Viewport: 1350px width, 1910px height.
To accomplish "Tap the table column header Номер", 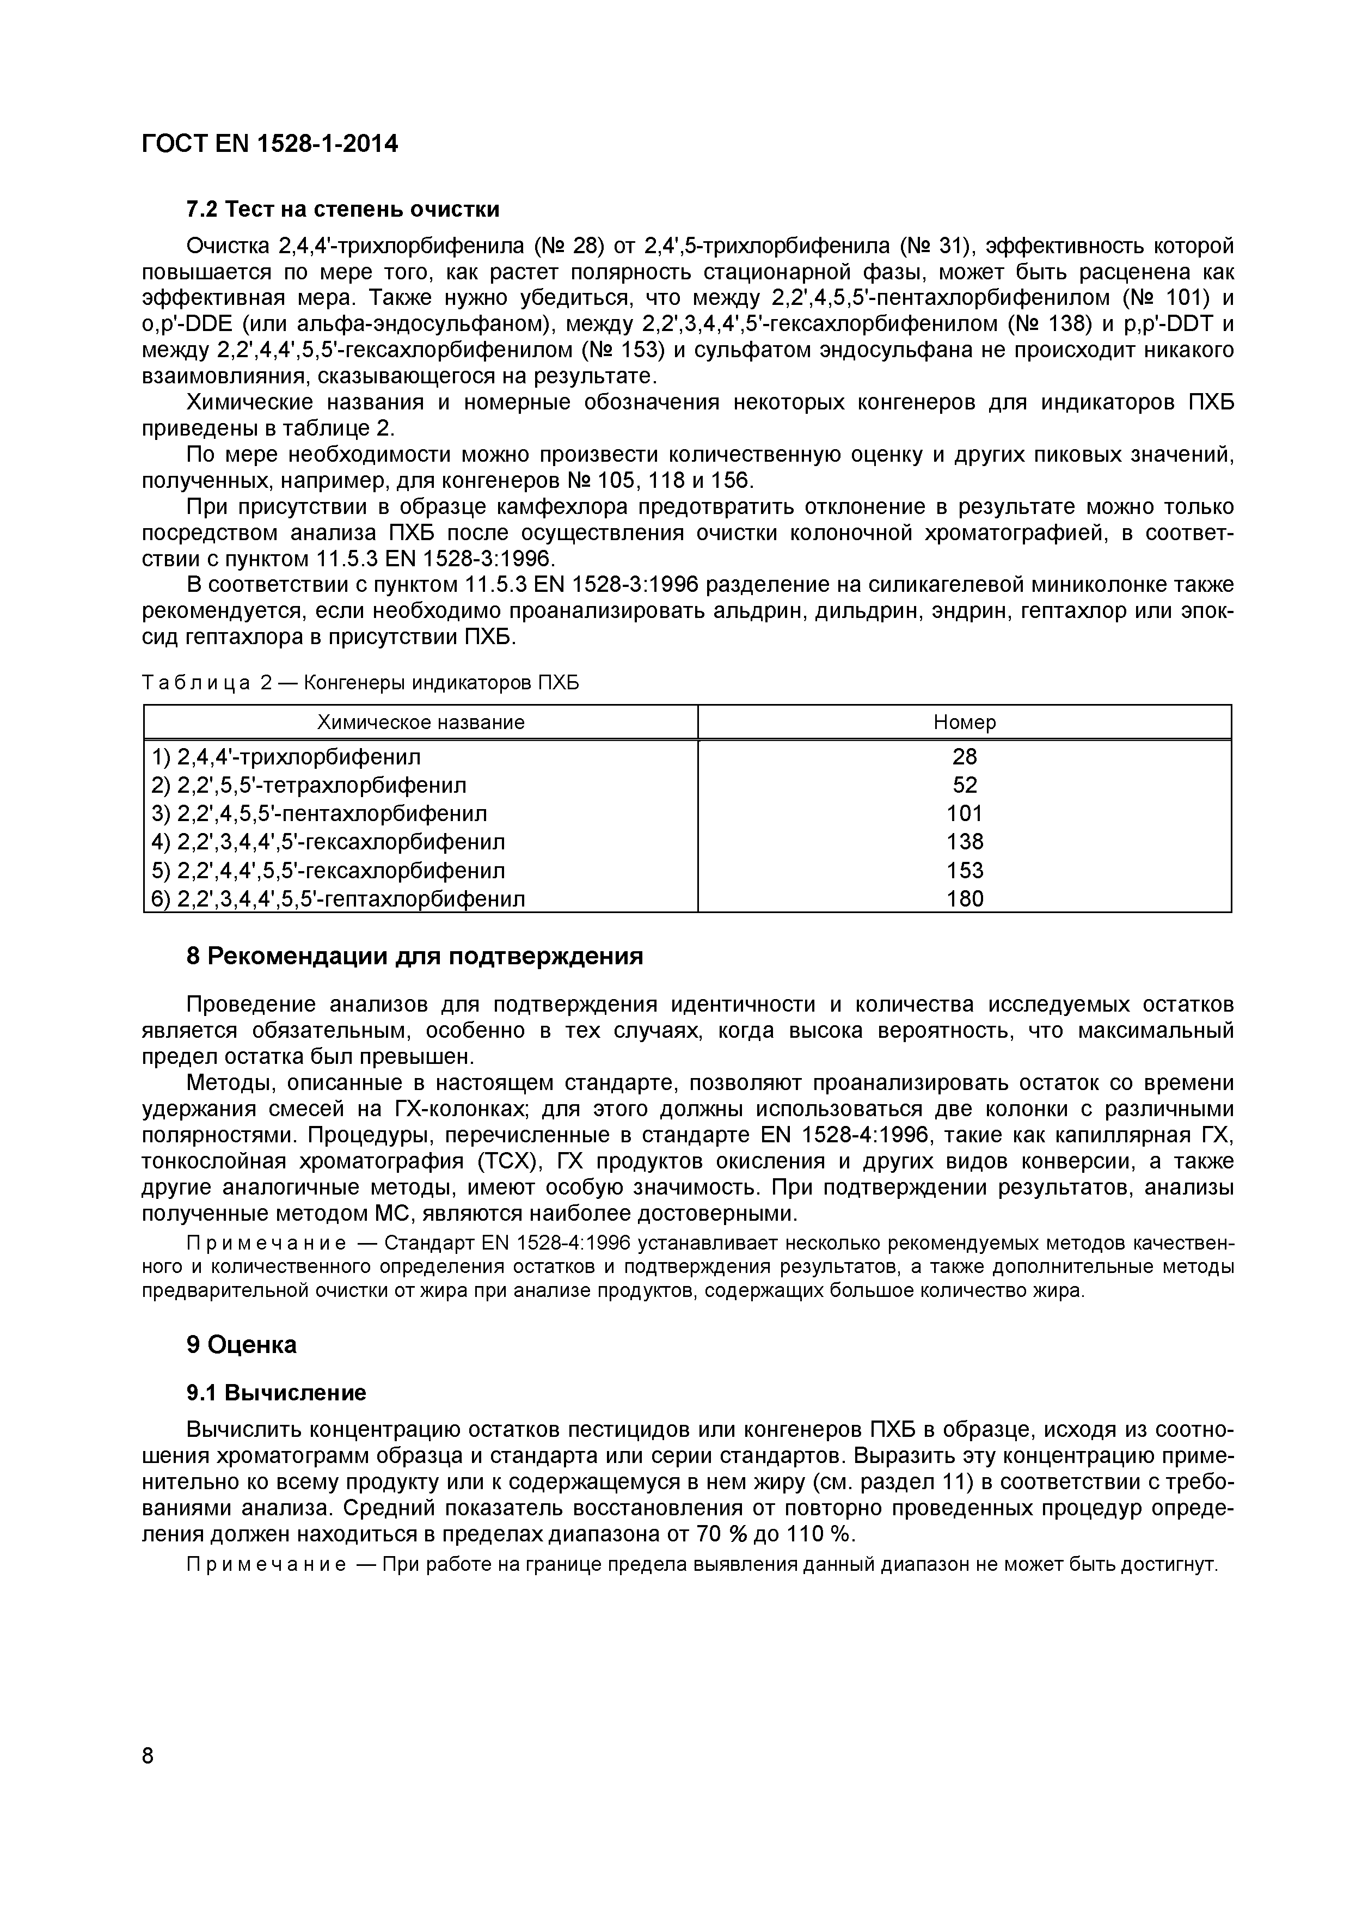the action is pyautogui.click(x=964, y=722).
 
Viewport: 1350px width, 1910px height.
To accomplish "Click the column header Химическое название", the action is pyautogui.click(x=421, y=722).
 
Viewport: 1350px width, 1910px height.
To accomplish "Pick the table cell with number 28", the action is pyautogui.click(x=964, y=757).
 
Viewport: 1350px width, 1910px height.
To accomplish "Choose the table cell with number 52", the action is pyautogui.click(x=964, y=785).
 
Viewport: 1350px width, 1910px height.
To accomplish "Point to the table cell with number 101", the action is pyautogui.click(x=964, y=813).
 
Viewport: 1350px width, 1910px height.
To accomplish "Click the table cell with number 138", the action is pyautogui.click(x=964, y=842).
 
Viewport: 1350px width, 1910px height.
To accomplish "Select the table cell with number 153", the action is pyautogui.click(x=964, y=870).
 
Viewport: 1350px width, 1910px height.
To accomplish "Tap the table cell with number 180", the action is pyautogui.click(x=964, y=898).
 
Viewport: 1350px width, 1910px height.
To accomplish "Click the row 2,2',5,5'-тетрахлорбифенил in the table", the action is pyautogui.click(x=309, y=785).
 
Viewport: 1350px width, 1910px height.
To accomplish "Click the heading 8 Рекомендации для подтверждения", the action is pyautogui.click(x=415, y=957).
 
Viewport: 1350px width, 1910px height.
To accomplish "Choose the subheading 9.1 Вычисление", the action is pyautogui.click(x=276, y=1393).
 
